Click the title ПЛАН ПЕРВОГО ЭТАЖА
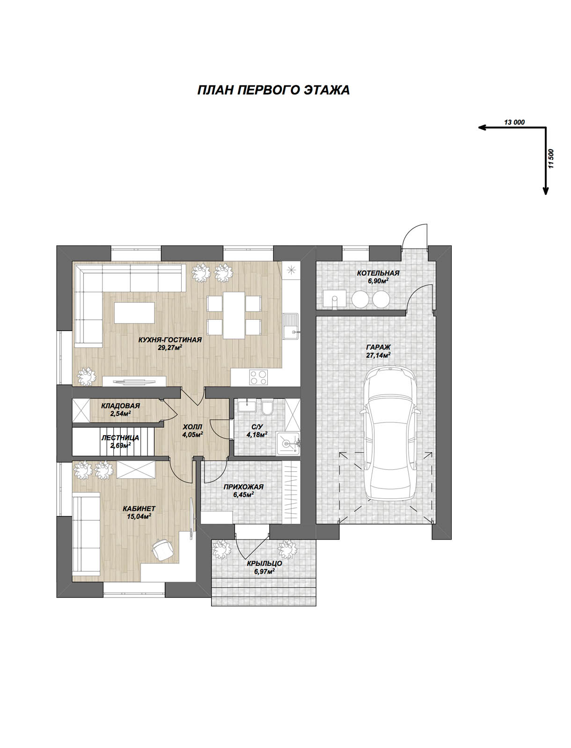[x=273, y=90]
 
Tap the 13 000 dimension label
[x=514, y=122]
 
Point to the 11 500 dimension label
[x=551, y=158]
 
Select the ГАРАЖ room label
[x=378, y=347]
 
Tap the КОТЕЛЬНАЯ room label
[x=378, y=273]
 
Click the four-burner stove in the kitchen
[x=258, y=378]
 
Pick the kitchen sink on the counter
[x=291, y=326]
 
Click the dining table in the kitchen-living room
[x=234, y=315]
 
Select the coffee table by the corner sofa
[x=134, y=312]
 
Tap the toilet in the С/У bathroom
[x=267, y=407]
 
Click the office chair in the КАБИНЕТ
[x=162, y=549]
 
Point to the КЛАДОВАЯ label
[x=120, y=406]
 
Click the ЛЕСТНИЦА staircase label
[x=120, y=438]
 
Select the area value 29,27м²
[x=170, y=348]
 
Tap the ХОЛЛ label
[x=193, y=427]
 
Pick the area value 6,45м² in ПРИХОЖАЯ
[x=243, y=495]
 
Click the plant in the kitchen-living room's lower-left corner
[x=87, y=376]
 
